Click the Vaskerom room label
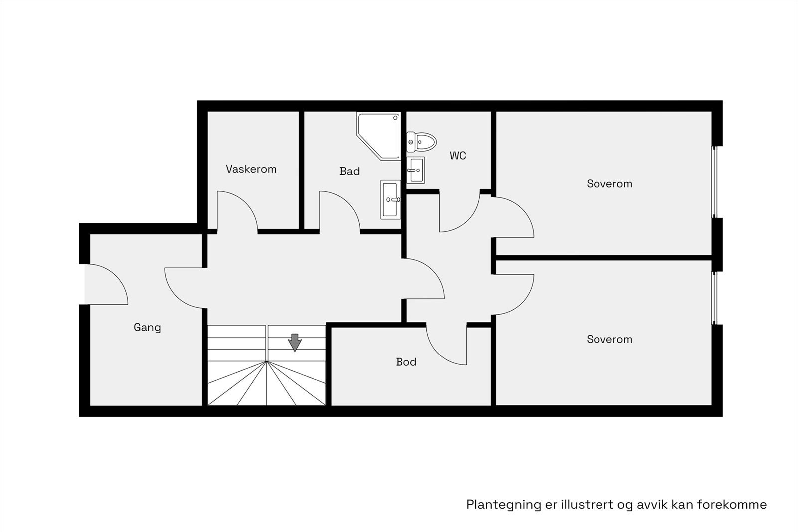click(251, 169)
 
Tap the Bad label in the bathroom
click(349, 171)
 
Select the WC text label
click(458, 156)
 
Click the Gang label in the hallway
click(147, 328)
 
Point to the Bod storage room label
click(406, 362)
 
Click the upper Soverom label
click(609, 184)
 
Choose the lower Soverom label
click(609, 340)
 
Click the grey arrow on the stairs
click(295, 342)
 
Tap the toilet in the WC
click(421, 142)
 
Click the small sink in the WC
click(415, 170)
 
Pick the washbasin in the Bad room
click(390, 199)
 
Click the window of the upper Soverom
click(714, 182)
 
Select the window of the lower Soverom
click(714, 298)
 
